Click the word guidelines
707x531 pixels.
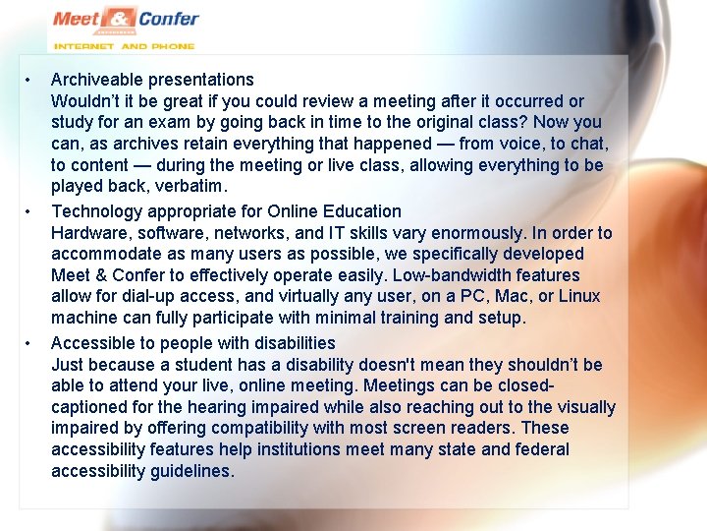[191, 471]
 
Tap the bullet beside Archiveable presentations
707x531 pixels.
[30, 80]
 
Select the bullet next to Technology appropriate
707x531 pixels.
[30, 211]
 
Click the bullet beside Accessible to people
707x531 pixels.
[30, 343]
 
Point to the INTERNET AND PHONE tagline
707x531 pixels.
[124, 45]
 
